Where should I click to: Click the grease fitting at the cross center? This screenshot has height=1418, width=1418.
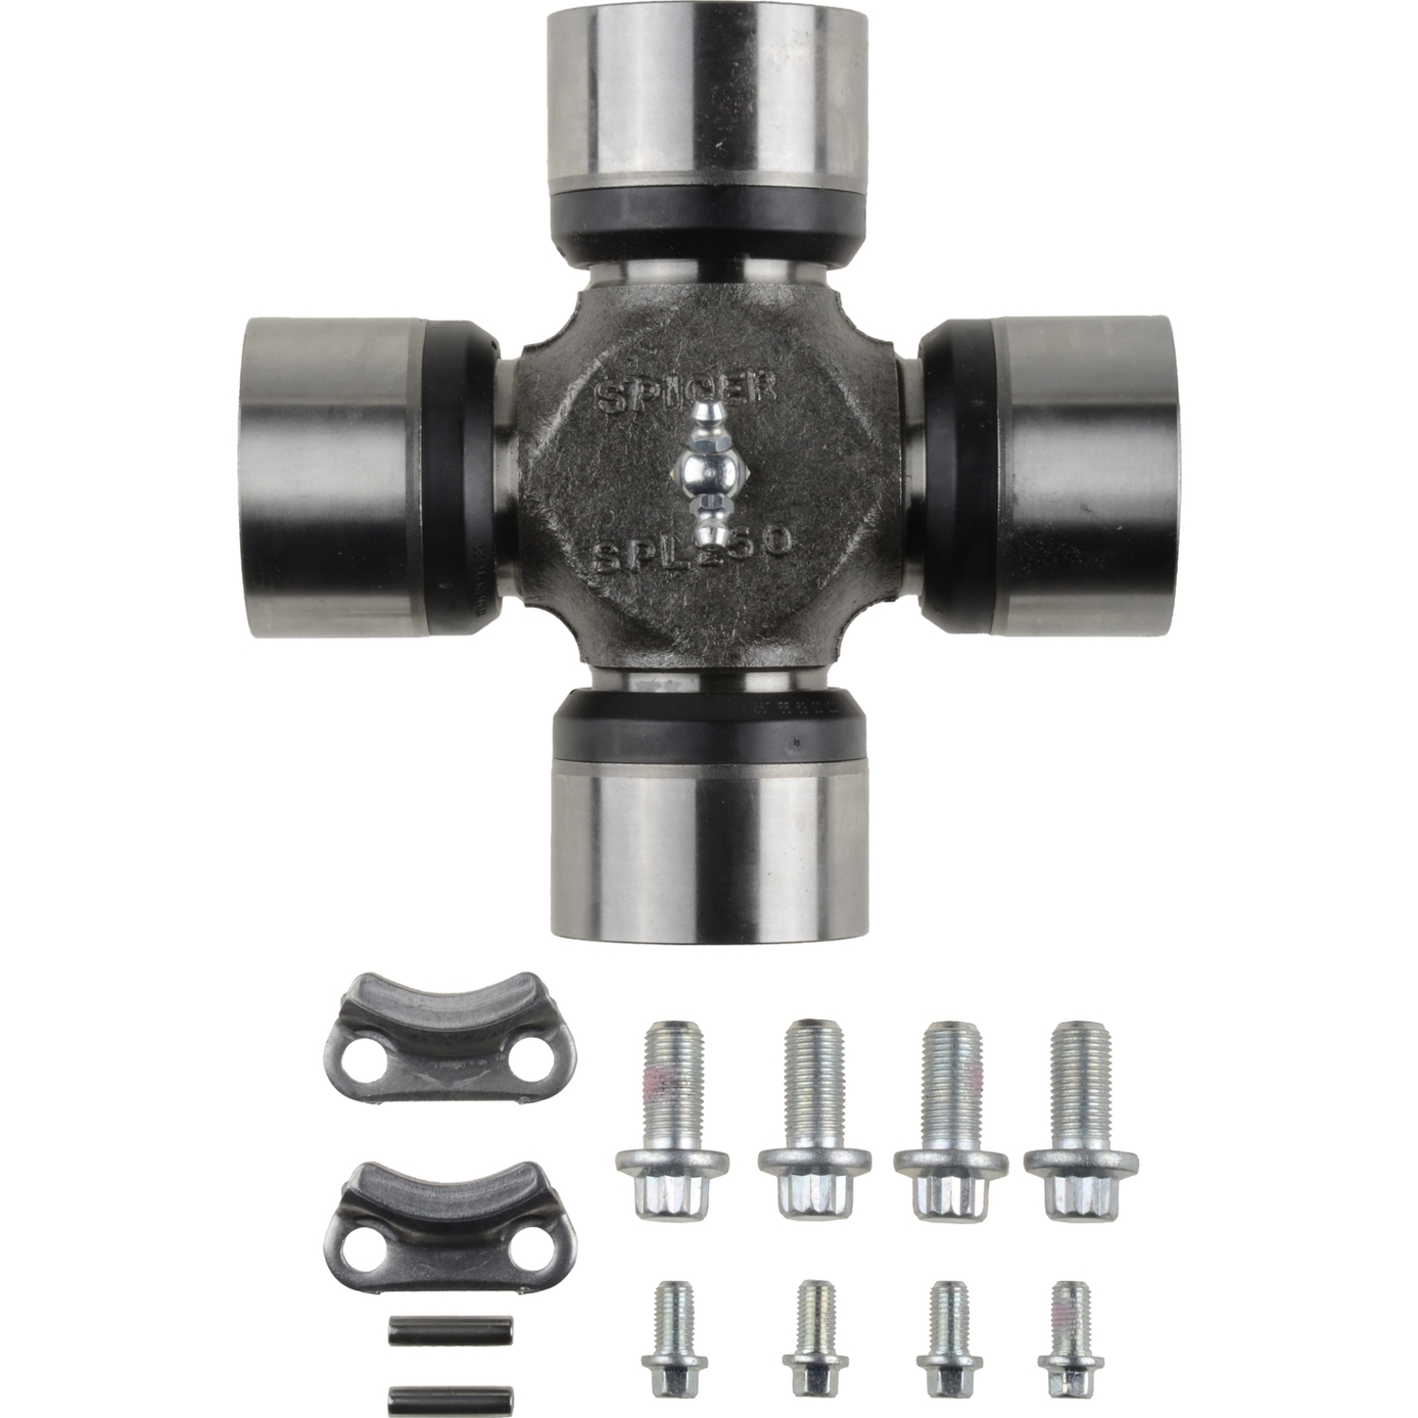click(x=705, y=470)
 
